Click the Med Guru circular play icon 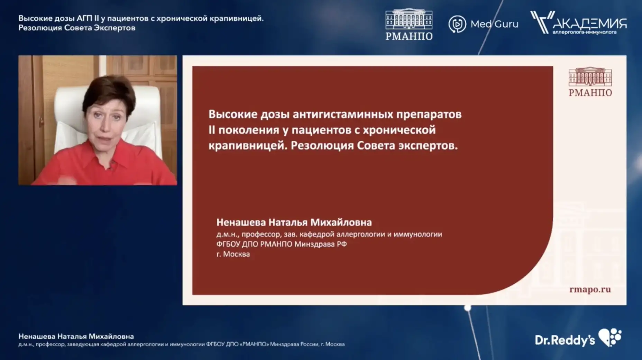tap(457, 24)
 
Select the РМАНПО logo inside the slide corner tap(590, 82)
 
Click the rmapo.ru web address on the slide tap(590, 289)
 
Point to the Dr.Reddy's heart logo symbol tap(610, 337)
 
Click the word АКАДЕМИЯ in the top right tap(590, 24)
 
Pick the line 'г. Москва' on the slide tap(233, 254)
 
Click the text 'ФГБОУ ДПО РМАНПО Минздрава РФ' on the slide tap(282, 244)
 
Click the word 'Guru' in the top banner tap(506, 24)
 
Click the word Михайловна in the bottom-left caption tap(111, 336)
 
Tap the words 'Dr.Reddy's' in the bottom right tap(565, 340)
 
